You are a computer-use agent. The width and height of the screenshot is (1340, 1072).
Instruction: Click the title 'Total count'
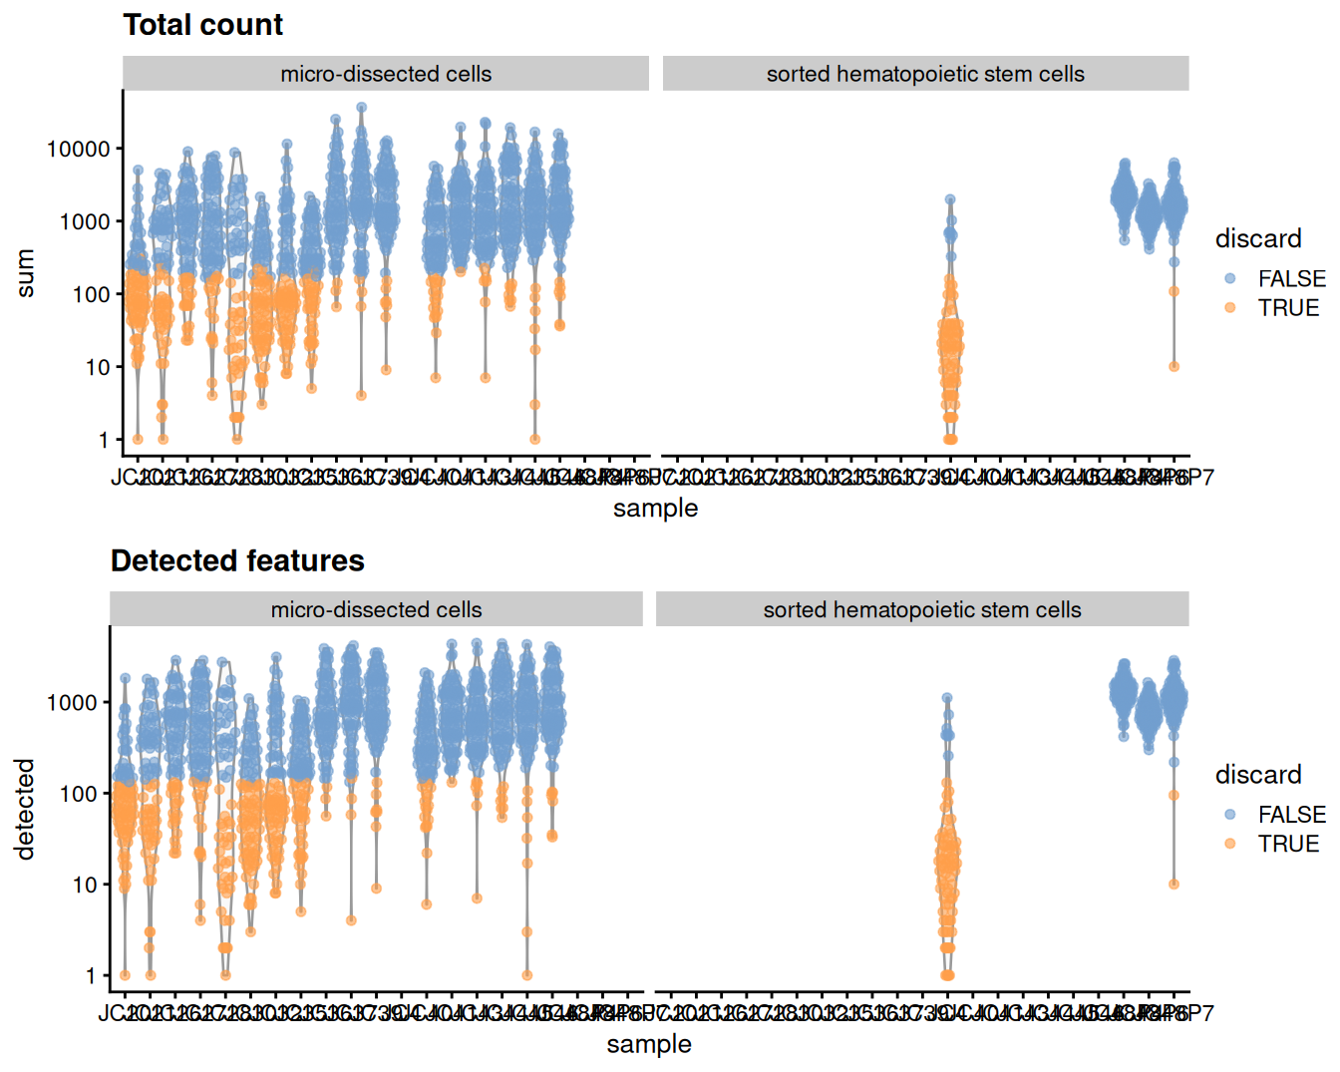pos(202,25)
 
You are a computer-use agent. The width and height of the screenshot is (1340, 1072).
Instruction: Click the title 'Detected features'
pos(237,561)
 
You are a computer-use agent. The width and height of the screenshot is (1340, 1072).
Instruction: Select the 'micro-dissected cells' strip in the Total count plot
pos(386,74)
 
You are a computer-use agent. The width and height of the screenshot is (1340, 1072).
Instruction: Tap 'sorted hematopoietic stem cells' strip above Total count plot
pos(925,74)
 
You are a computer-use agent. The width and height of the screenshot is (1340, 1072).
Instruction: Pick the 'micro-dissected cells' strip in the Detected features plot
pos(376,609)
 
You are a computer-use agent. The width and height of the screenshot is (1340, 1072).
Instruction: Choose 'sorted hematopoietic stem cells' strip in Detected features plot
pos(922,609)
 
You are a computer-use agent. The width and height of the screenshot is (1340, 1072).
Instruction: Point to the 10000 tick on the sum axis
pos(78,149)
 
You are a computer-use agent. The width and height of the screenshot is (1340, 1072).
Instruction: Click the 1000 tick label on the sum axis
pos(84,221)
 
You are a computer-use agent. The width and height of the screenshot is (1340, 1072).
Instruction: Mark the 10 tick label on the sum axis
pos(97,367)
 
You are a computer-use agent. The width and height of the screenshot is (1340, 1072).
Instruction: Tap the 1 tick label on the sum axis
pos(104,440)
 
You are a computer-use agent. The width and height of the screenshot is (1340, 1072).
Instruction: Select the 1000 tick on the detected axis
pos(71,703)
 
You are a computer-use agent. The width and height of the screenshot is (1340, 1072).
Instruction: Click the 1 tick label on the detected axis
pos(91,976)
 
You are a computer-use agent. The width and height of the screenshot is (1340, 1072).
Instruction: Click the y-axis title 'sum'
pos(25,273)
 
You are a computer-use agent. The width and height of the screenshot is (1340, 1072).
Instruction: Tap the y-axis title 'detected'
pos(25,809)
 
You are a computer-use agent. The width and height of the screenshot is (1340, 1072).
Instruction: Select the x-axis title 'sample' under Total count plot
pos(655,509)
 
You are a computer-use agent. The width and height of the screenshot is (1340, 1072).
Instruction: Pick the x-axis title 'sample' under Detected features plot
pos(649,1044)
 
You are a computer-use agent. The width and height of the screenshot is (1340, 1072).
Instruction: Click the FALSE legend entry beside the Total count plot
pos(1290,279)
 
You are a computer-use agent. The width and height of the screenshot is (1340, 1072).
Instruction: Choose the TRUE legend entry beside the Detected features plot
pos(1287,844)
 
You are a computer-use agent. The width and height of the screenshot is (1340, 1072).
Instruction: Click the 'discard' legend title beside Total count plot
pos(1258,239)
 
